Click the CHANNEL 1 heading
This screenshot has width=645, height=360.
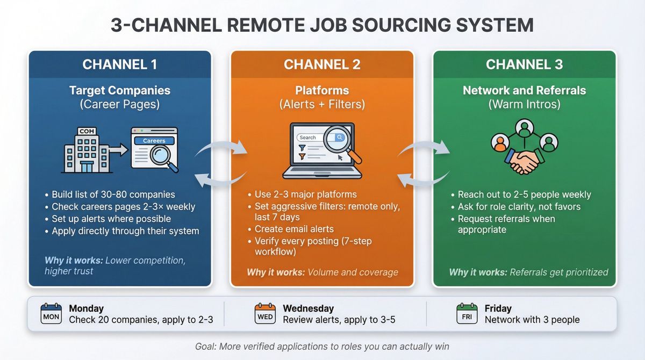coord(119,64)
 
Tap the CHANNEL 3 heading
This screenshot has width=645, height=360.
coord(524,64)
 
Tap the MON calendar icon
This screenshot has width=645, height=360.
coord(51,314)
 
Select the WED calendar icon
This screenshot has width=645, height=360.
coord(264,314)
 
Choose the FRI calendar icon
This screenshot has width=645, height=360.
coord(467,314)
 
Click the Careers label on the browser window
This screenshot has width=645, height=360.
coord(154,141)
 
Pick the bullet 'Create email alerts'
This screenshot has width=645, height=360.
coord(293,229)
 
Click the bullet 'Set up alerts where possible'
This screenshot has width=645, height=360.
coord(111,219)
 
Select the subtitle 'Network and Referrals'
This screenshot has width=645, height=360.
coord(524,90)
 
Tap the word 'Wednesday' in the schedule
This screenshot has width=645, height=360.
coord(308,308)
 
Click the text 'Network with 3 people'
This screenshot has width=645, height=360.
coord(532,320)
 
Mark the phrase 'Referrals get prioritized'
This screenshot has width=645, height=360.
coord(558,272)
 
